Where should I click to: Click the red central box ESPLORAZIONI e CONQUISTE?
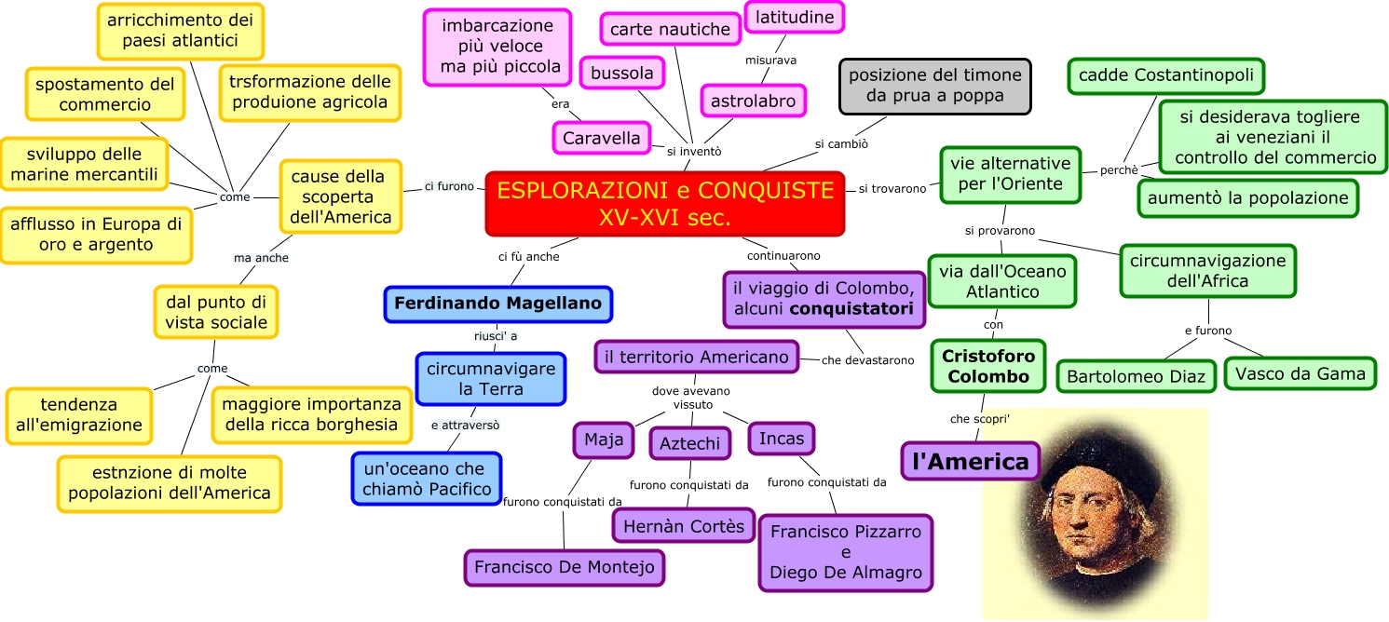[x=664, y=204]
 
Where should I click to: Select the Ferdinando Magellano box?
[x=497, y=304]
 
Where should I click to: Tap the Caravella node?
[x=602, y=139]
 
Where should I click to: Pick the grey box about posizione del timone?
[x=934, y=86]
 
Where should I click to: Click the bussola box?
[x=622, y=72]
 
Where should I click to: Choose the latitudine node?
[x=795, y=17]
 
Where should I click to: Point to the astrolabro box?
[x=753, y=101]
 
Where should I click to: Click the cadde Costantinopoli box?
[x=1165, y=75]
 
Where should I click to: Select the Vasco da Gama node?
[x=1299, y=374]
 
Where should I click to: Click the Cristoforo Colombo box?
[x=987, y=366]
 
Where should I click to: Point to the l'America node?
[x=970, y=461]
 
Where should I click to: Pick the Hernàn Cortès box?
[x=684, y=526]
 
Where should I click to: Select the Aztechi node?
[x=689, y=443]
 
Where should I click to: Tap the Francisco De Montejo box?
[x=564, y=566]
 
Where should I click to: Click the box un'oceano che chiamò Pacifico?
[x=426, y=479]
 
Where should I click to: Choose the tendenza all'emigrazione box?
[x=79, y=415]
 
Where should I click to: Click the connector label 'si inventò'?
[x=693, y=151]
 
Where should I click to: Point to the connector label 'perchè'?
[x=1119, y=170]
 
